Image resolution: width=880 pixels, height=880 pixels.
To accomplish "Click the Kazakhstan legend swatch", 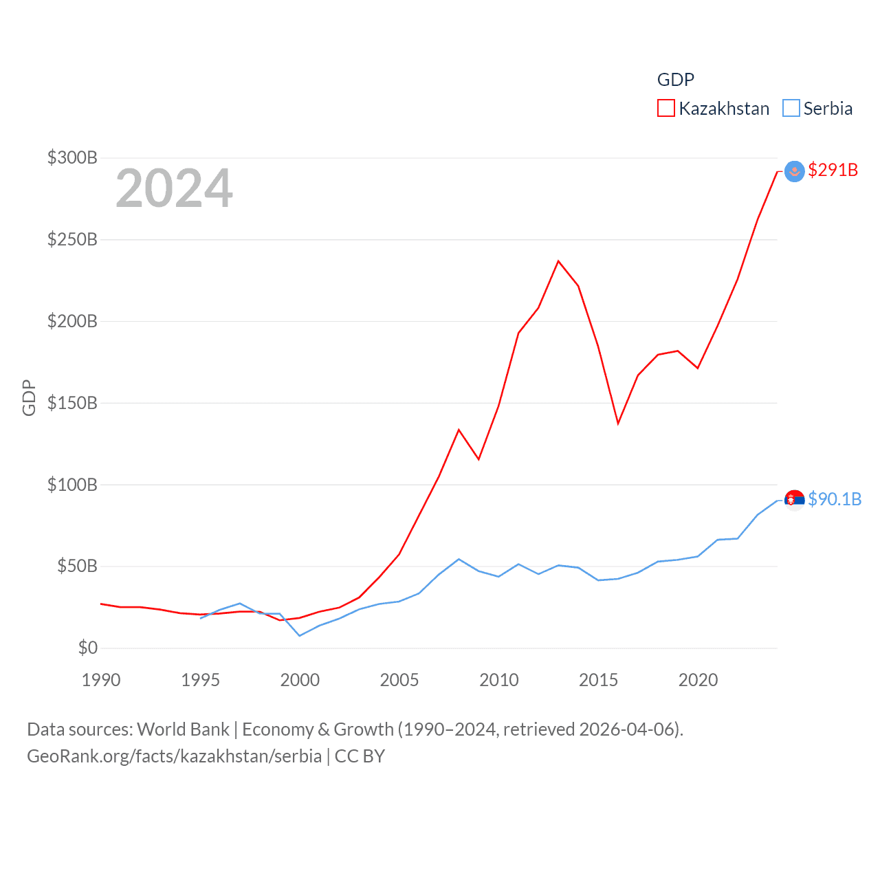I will coord(665,109).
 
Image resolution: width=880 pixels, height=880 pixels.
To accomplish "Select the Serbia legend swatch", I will coord(791,109).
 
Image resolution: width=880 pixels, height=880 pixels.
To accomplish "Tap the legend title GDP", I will coord(675,80).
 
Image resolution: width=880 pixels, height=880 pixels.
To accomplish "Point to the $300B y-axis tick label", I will coord(72,157).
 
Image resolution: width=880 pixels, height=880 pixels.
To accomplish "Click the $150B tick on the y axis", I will coord(72,403).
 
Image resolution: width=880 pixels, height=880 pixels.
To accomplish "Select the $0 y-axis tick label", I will coord(87,648).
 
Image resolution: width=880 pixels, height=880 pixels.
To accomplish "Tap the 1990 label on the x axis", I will coord(101,680).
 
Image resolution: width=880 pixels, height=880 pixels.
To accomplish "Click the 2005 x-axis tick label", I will coord(399,680).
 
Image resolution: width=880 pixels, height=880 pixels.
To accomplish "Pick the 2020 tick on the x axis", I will coord(698,680).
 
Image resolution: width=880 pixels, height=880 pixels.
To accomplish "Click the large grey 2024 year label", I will coord(174,188).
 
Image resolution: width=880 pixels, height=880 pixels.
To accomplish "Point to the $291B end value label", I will coord(833,170).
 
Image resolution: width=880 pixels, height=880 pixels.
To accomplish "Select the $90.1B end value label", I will coord(834,499).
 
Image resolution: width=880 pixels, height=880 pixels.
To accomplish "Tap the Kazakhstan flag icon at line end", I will coord(794,171).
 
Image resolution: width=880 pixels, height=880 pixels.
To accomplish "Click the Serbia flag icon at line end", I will coord(794,500).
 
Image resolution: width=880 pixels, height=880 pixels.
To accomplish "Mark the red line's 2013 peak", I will coord(558,261).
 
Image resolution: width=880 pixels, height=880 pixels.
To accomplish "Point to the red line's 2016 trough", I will coord(618,423).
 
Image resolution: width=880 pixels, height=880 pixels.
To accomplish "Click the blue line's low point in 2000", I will coord(300,635).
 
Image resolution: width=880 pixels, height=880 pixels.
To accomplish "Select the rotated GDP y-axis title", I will coord(29,397).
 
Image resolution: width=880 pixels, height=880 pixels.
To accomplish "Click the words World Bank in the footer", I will coord(183,729).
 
